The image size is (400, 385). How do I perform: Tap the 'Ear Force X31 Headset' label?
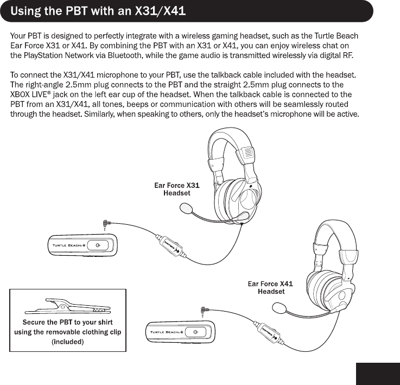177,189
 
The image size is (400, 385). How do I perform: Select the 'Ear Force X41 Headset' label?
270,287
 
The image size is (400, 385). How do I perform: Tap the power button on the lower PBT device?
195,332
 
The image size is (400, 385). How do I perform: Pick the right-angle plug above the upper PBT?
105,223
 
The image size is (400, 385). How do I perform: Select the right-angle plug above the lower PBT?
203,311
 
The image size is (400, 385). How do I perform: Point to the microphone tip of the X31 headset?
187,207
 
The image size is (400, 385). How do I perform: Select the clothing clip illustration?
67,304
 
